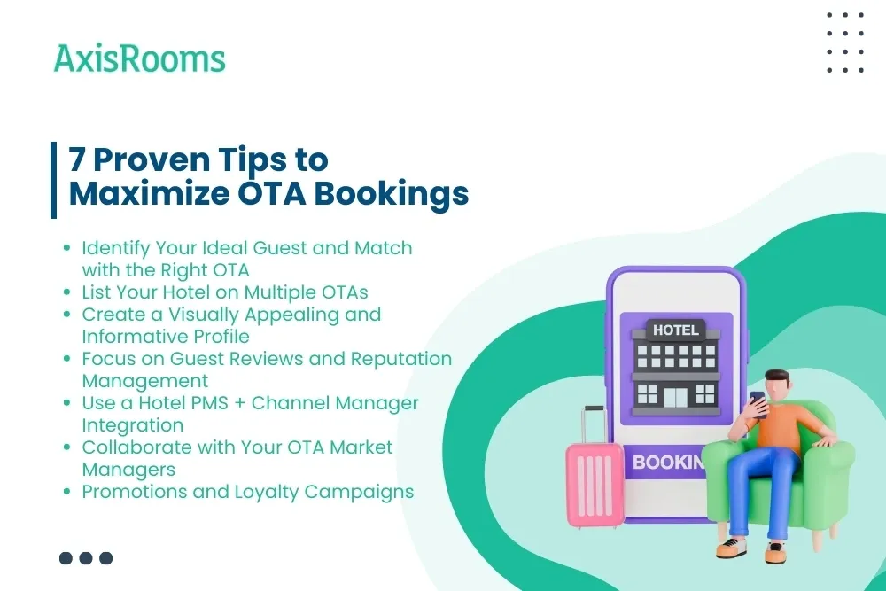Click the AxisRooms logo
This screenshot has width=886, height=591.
139,58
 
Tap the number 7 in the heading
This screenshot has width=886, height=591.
80,160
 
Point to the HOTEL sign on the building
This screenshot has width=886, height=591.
675,330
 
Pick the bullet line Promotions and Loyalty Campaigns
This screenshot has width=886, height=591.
247,491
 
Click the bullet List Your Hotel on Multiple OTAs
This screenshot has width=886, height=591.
224,292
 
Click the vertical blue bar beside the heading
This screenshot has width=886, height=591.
54,179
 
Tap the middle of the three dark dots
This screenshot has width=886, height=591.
86,558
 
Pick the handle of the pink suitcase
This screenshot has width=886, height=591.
595,423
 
